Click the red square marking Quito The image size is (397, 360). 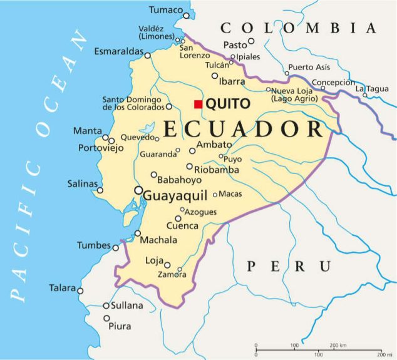(198, 104)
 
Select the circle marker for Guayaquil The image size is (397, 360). (138, 191)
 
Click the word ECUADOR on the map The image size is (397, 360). (243, 128)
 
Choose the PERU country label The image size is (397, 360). (289, 266)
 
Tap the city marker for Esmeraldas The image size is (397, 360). (148, 55)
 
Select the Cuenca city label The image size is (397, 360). (182, 226)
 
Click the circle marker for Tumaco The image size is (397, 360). (186, 15)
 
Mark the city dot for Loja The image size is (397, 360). (167, 264)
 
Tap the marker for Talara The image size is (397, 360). (80, 291)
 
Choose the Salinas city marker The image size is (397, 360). (100, 190)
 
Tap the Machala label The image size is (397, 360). (159, 240)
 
